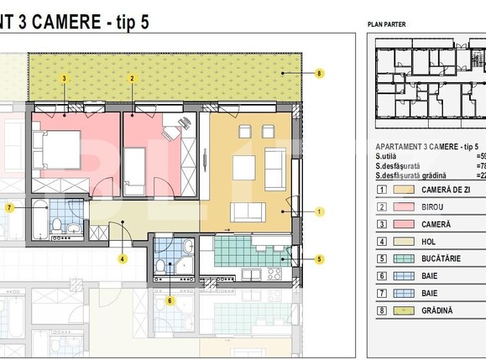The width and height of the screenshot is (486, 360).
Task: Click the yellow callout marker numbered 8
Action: pos(319,74)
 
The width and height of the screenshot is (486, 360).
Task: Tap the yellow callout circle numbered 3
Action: pos(65,78)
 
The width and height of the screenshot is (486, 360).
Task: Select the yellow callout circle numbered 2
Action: pos(132,78)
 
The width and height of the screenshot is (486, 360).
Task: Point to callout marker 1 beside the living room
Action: pos(319,212)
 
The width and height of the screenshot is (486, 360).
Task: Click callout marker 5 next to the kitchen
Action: pos(319,259)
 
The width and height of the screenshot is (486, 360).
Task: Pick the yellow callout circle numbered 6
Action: pos(170,300)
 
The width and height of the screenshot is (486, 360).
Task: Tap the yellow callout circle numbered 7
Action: pos(9,206)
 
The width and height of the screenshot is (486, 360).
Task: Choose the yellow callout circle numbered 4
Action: pos(122,258)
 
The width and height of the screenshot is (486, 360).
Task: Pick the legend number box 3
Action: pos(381,224)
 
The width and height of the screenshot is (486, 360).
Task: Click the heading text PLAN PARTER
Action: pos(386,24)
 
